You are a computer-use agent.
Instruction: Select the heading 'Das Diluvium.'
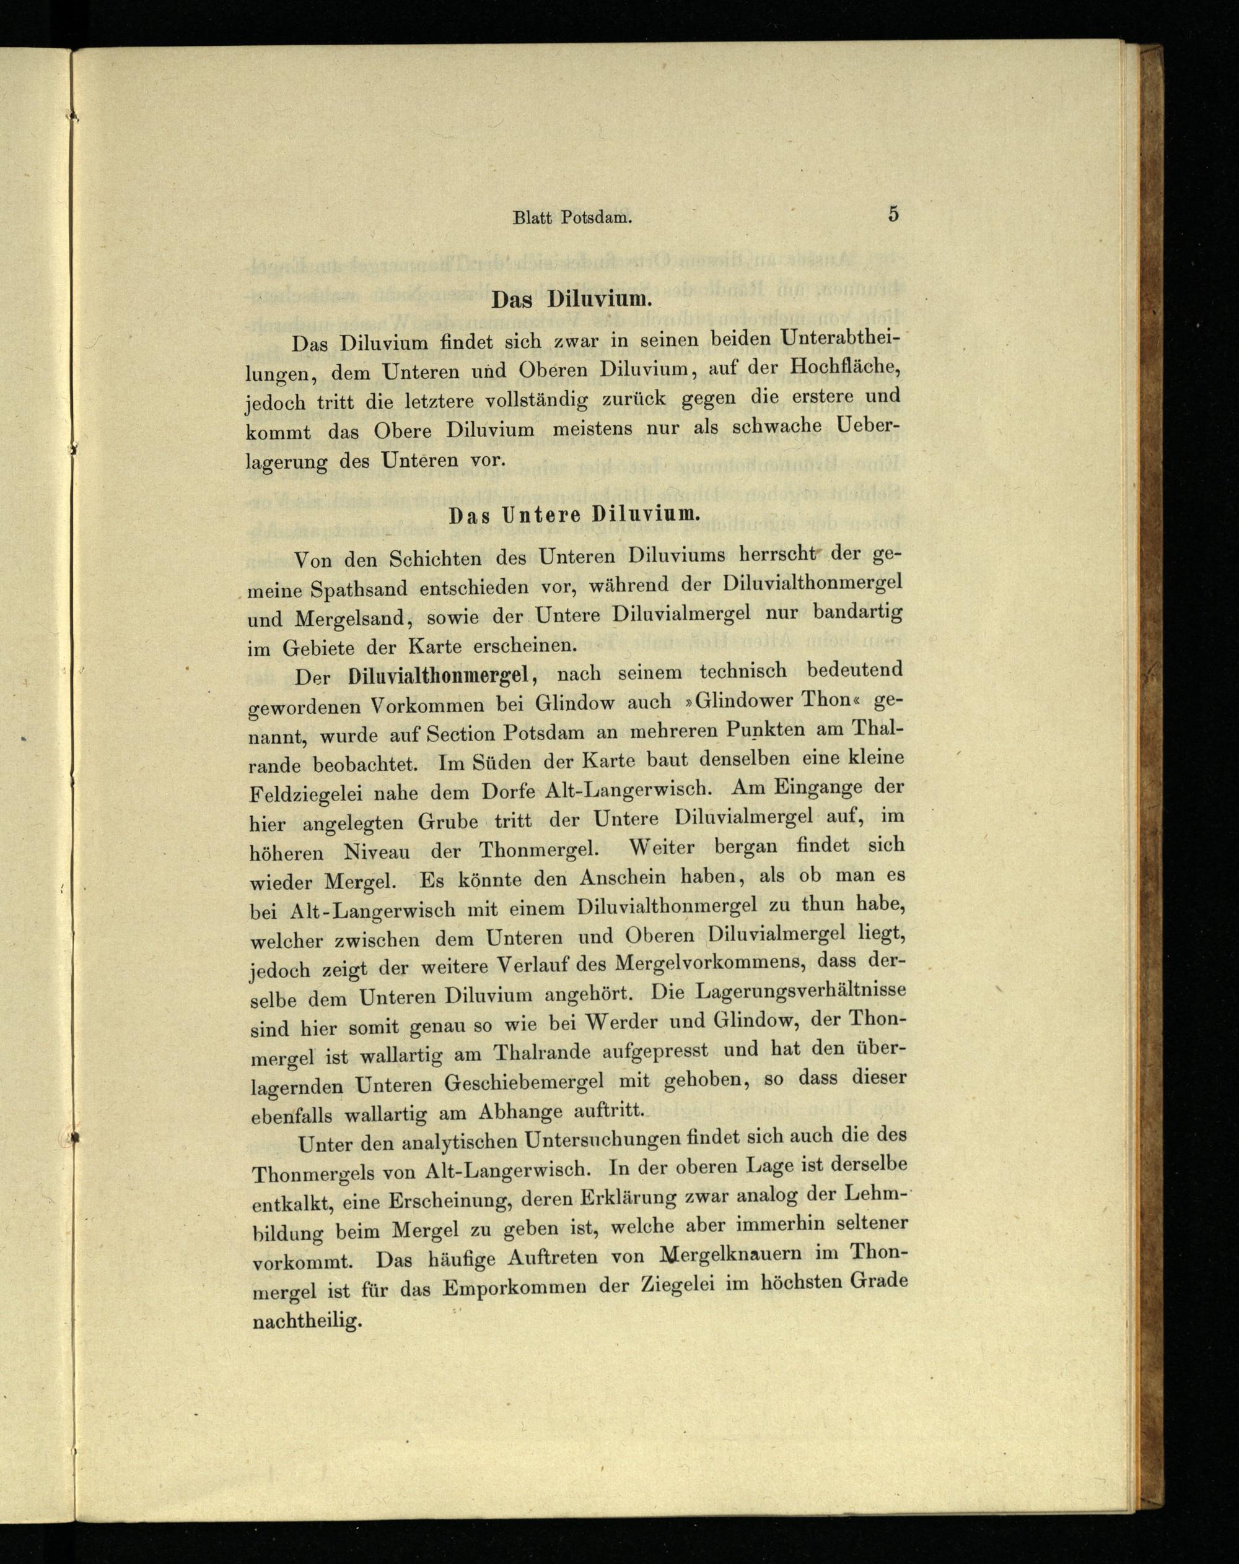[568, 300]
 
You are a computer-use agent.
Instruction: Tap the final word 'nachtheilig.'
[307, 1319]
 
